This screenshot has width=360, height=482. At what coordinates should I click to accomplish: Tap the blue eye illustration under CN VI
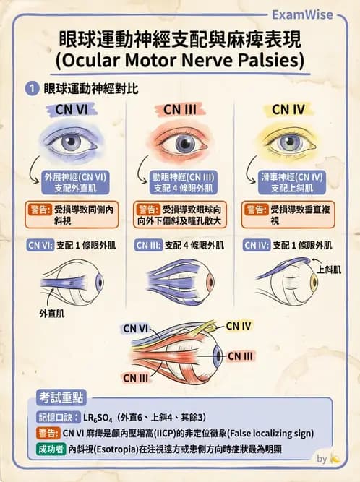point(71,142)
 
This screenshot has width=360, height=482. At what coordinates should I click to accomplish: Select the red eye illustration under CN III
point(180,142)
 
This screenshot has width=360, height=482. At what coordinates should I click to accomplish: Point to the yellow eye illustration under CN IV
point(289,142)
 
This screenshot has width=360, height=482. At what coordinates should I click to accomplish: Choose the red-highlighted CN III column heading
point(180,109)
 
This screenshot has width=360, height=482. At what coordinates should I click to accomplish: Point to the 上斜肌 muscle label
point(329,269)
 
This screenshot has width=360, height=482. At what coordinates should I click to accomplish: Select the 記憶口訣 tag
point(56,417)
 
